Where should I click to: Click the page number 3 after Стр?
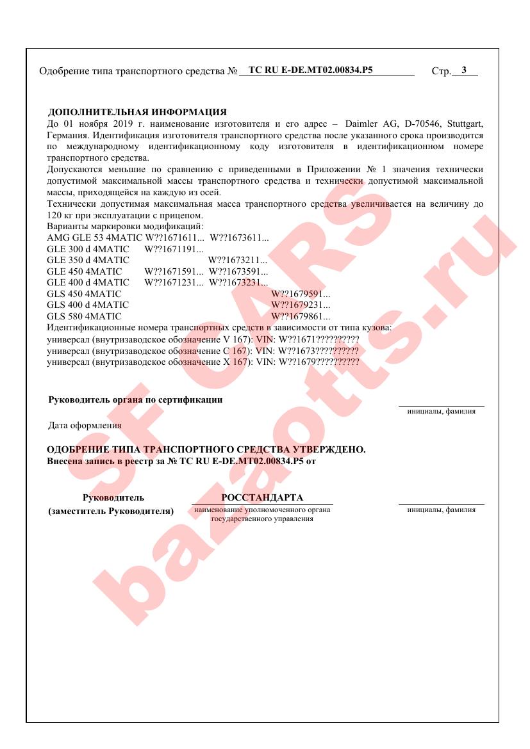[463, 70]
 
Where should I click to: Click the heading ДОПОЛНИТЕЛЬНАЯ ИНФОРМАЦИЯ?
[137, 112]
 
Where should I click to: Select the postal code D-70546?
[417, 123]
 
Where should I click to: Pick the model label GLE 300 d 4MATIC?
[88, 248]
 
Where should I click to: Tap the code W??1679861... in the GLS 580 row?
[301, 316]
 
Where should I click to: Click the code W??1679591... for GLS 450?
[301, 293]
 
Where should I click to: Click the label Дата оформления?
[85, 425]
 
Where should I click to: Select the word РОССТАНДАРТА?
[261, 498]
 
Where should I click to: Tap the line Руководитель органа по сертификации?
[135, 400]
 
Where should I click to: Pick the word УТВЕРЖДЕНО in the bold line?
[320, 450]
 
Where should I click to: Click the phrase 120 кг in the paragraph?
[60, 215]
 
